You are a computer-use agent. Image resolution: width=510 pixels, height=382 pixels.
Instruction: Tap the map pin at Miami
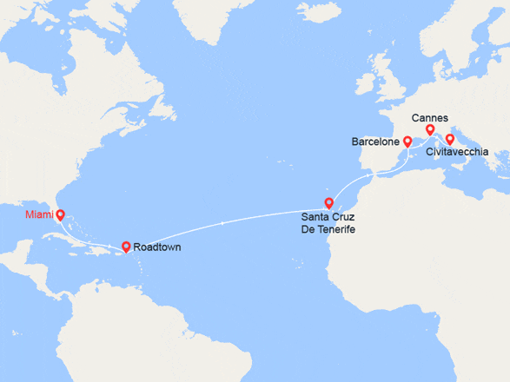(60, 213)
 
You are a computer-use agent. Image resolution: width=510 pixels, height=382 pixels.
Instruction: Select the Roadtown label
(157, 247)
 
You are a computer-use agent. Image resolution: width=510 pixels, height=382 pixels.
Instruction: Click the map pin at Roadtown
(126, 246)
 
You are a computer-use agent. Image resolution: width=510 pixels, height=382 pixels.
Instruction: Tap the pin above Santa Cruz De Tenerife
(328, 203)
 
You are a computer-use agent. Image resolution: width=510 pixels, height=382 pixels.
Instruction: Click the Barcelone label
(375, 141)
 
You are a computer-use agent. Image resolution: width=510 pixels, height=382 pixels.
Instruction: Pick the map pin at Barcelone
(407, 140)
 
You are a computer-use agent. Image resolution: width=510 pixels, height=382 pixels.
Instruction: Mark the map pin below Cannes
(429, 130)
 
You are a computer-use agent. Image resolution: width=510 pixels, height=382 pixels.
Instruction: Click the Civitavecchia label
(457, 152)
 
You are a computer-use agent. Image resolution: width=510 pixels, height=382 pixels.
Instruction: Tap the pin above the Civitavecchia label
(450, 139)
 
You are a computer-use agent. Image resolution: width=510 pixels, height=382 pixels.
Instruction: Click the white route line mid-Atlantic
(226, 223)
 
